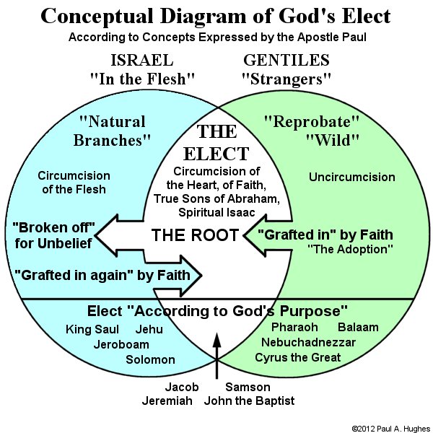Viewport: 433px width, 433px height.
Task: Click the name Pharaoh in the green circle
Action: pos(294,327)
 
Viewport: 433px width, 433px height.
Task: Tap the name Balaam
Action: pos(358,327)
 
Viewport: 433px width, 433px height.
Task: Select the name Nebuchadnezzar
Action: pos(308,342)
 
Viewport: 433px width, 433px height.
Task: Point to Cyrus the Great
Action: pos(297,358)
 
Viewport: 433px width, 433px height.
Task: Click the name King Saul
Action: pos(92,330)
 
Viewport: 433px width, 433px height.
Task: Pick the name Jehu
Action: pos(149,330)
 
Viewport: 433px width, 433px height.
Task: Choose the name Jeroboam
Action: pos(121,345)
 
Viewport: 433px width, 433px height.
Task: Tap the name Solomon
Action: pos(151,359)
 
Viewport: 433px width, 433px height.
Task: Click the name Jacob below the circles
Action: pos(182,387)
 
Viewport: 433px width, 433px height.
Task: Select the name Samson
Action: pos(248,387)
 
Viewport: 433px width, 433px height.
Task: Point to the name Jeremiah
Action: pos(167,401)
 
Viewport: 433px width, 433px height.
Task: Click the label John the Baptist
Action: pos(250,401)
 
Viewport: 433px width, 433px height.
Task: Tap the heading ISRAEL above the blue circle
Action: pos(142,60)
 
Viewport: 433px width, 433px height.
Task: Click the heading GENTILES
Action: pos(287,60)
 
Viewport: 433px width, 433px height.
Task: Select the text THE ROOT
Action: pos(195,235)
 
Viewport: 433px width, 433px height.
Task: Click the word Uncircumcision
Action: pos(352,178)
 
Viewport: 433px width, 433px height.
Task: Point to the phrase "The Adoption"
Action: pos(350,250)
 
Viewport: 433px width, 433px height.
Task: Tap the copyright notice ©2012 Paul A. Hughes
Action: pos(390,429)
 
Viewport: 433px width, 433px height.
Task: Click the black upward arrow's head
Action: pos(216,340)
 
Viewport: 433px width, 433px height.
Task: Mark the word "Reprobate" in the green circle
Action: pos(312,122)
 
